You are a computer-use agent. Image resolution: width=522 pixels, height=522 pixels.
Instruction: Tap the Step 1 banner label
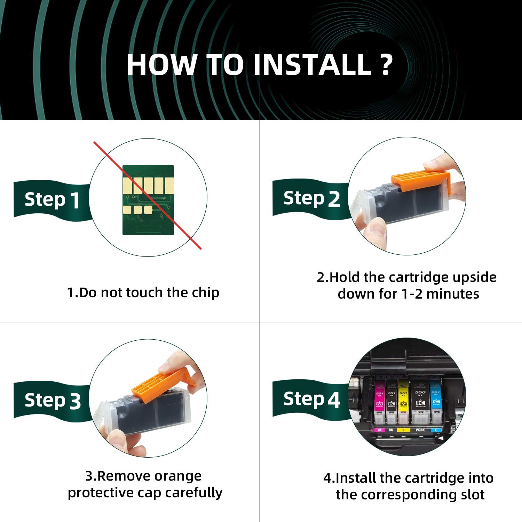click(x=52, y=200)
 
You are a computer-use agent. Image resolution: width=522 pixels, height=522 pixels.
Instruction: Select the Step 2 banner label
click(x=311, y=199)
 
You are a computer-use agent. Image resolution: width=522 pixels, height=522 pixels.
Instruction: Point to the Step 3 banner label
click(x=53, y=400)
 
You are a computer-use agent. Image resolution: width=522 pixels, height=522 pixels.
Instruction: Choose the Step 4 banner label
click(x=311, y=399)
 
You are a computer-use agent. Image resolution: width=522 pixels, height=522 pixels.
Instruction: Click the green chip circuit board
click(x=148, y=200)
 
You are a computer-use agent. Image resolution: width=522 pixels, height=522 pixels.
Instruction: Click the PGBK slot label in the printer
click(x=420, y=430)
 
